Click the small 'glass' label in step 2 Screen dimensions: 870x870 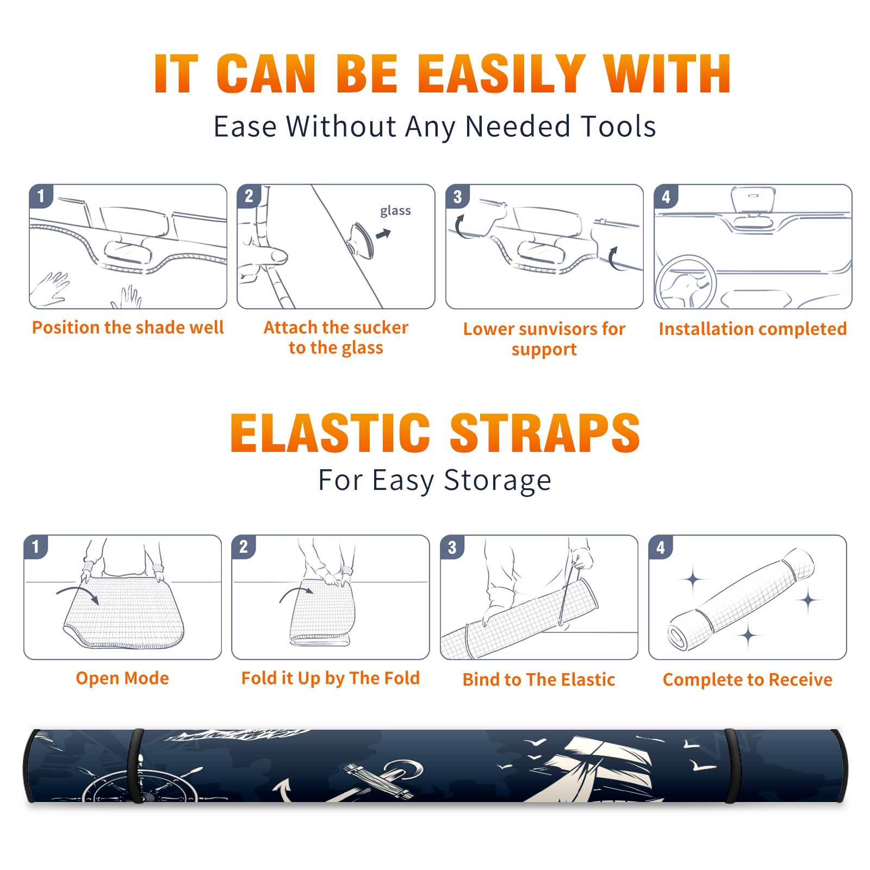point(395,211)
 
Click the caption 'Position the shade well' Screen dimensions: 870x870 point(128,327)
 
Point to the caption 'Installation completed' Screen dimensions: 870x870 point(753,328)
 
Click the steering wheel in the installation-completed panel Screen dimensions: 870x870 point(686,283)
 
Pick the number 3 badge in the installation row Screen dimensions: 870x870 point(457,196)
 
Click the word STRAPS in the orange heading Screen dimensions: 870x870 point(545,432)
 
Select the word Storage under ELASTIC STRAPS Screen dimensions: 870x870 point(498,481)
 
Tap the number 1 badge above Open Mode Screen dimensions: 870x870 point(36,546)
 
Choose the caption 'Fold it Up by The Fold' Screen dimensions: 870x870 point(331,678)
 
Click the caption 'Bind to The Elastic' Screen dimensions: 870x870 point(539,680)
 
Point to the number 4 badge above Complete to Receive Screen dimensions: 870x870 point(661,547)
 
